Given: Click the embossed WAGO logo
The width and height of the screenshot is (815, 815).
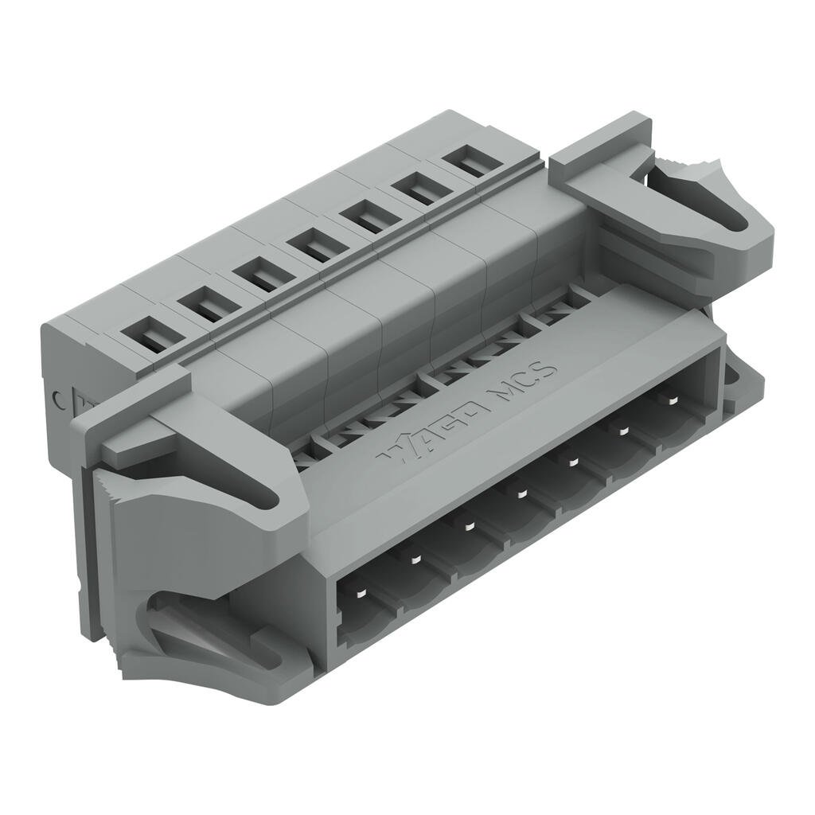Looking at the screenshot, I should pos(429,431).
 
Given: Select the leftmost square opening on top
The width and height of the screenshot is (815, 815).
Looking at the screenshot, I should pos(148,334).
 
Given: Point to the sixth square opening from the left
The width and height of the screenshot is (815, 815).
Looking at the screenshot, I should pos(419,189).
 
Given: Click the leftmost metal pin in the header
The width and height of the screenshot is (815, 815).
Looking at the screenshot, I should pos(360,595).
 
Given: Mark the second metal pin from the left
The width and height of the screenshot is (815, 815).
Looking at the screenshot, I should pos(415,560).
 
